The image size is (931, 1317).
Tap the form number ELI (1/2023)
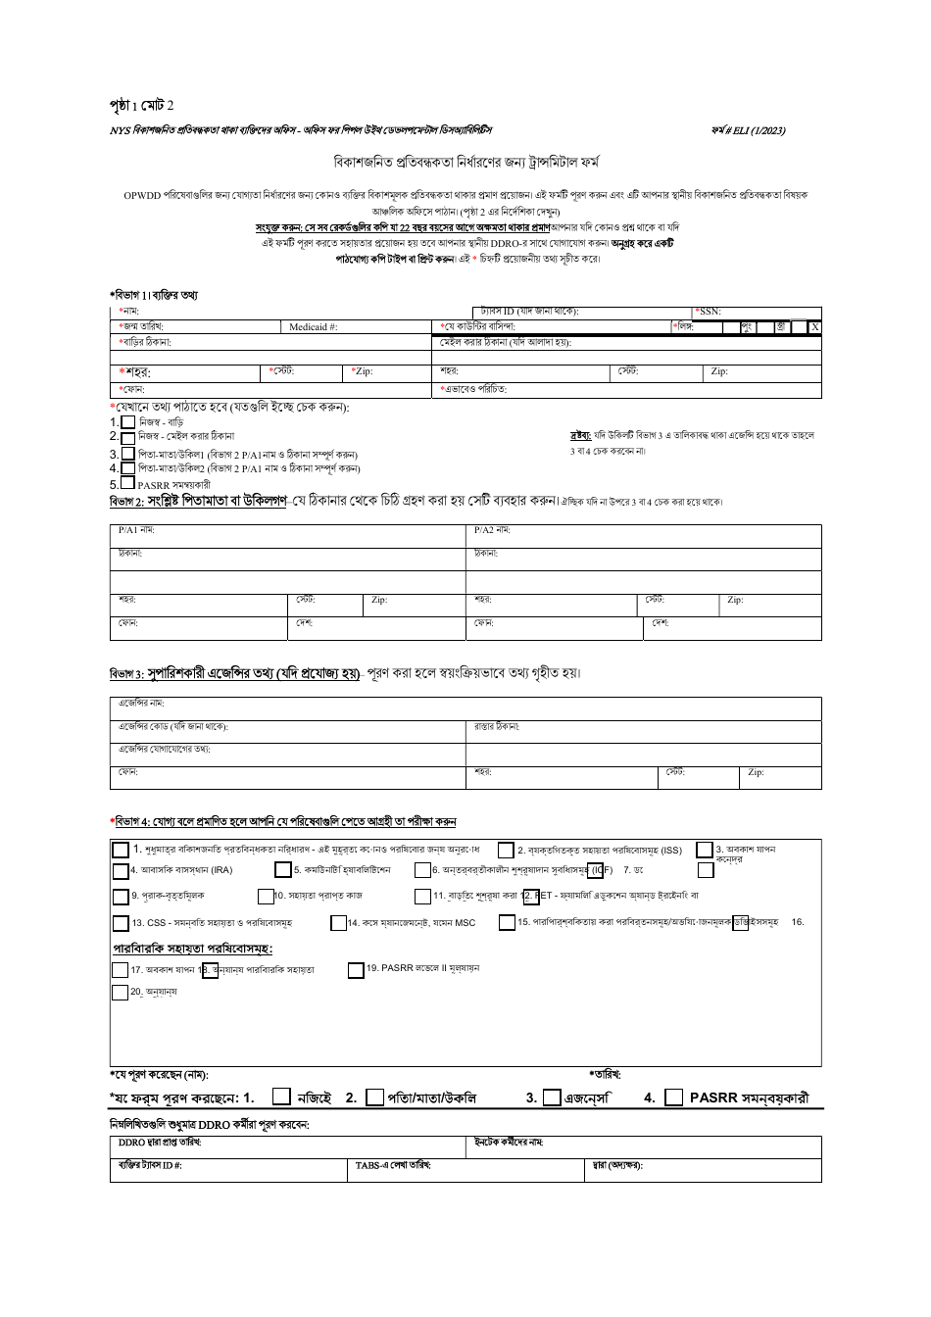point(749,130)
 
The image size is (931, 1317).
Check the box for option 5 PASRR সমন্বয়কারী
point(127,482)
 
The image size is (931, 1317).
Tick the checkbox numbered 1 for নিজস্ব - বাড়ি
point(127,421)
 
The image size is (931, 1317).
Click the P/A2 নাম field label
point(492,530)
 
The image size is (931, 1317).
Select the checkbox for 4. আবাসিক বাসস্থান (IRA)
point(121,869)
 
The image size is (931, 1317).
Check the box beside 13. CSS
point(121,922)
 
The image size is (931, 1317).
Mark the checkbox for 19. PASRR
point(356,970)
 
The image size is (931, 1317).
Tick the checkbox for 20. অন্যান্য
point(121,992)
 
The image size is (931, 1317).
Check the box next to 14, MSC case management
point(338,922)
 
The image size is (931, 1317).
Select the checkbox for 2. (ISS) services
point(506,850)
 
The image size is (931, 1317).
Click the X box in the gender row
point(814,326)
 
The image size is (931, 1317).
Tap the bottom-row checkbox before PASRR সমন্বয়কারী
point(673,1097)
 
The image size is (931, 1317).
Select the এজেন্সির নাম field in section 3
point(465,705)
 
